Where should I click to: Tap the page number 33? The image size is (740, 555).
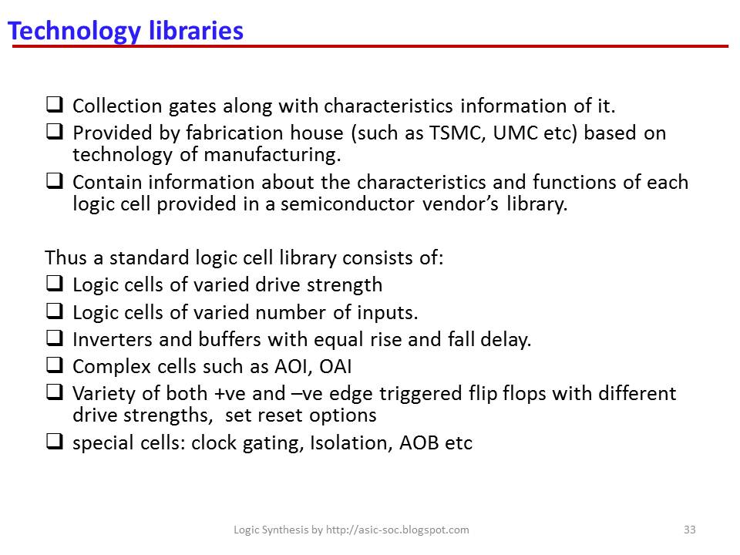(x=690, y=530)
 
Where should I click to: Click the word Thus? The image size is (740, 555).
(x=63, y=257)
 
